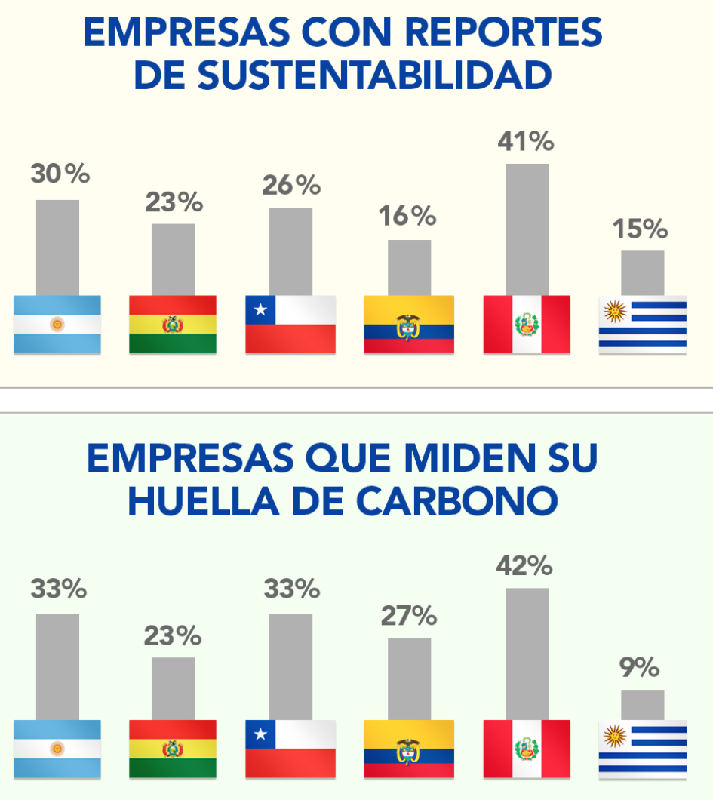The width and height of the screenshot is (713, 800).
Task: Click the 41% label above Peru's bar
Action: tap(526, 142)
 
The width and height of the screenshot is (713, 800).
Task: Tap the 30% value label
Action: tap(60, 174)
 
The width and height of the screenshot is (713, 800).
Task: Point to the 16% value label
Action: tap(408, 217)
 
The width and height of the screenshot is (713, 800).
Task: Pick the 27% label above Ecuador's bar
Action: tap(409, 616)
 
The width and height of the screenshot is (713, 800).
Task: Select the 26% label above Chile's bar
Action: tap(291, 186)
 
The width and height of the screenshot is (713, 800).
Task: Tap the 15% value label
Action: tap(641, 229)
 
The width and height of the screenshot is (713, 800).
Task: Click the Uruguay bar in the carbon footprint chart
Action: tap(643, 705)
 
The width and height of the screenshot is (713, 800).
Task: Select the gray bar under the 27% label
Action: tap(410, 679)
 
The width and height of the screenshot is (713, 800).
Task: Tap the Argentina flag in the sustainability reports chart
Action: tap(57, 325)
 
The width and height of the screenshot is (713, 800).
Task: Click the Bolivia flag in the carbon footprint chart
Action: tap(173, 749)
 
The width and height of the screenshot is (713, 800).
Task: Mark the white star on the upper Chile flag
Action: tap(261, 309)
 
